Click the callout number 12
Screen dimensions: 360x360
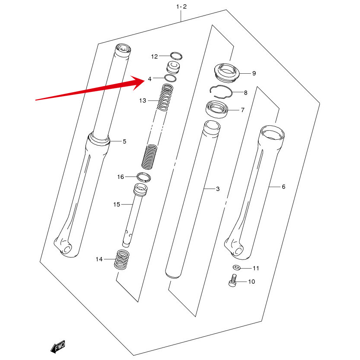pos(155,56)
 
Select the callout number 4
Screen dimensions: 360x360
pos(150,79)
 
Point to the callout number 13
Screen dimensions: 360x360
pos(143,100)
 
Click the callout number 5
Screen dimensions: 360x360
pos(125,141)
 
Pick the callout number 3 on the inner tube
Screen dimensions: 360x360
pos(218,189)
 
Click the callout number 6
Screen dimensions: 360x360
pos(283,187)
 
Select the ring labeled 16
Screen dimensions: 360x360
pos(144,176)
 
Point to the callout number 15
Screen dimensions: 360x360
pos(116,204)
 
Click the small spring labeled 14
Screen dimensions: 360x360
pos(122,260)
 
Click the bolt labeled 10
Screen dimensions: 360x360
pos(232,281)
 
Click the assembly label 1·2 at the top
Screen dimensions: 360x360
pos(181,6)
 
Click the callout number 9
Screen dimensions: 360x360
pos(254,73)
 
